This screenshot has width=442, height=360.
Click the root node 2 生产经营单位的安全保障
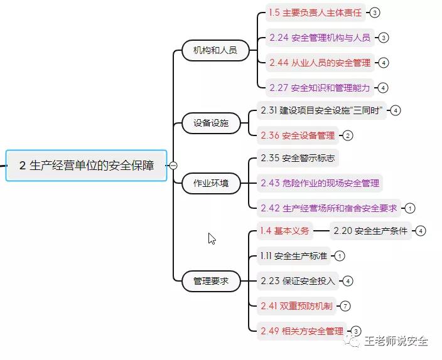(x=87, y=166)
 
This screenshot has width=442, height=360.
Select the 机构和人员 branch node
(x=215, y=50)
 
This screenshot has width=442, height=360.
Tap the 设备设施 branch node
(x=211, y=123)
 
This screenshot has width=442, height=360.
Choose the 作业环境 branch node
(x=211, y=184)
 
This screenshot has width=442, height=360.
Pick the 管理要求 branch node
(x=211, y=281)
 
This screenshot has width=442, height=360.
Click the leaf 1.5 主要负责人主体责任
(x=316, y=13)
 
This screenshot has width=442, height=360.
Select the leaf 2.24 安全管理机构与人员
(x=320, y=38)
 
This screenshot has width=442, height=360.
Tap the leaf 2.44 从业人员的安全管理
(x=320, y=63)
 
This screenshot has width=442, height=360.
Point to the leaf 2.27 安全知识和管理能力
(x=320, y=88)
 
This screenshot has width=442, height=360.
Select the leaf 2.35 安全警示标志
(x=298, y=158)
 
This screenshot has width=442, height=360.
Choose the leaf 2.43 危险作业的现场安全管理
(x=320, y=183)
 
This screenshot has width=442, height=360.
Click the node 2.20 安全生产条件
(x=370, y=231)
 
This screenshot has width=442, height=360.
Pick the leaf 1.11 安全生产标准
(x=294, y=256)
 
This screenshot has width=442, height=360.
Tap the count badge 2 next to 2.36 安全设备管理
(x=347, y=135)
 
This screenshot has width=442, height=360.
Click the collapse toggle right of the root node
(x=173, y=166)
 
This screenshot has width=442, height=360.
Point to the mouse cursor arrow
(x=212, y=238)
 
